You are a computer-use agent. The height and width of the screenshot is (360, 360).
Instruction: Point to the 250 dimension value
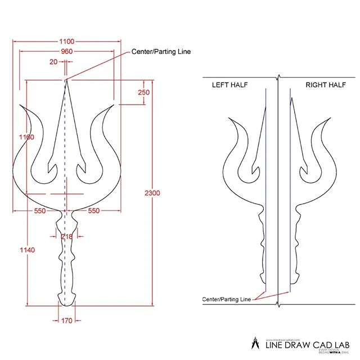click(x=143, y=92)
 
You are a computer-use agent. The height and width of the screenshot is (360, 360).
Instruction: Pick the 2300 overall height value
click(x=152, y=193)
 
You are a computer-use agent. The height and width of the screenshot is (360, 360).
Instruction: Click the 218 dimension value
click(x=66, y=237)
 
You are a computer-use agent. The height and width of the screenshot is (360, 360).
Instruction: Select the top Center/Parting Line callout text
click(x=161, y=52)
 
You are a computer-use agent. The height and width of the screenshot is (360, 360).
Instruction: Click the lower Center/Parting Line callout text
click(x=227, y=299)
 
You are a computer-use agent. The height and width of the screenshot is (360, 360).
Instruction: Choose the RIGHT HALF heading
click(x=325, y=85)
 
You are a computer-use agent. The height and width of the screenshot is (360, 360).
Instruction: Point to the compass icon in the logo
click(x=253, y=343)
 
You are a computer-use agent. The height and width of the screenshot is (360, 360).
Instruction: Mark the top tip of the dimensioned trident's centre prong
click(x=66, y=79)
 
